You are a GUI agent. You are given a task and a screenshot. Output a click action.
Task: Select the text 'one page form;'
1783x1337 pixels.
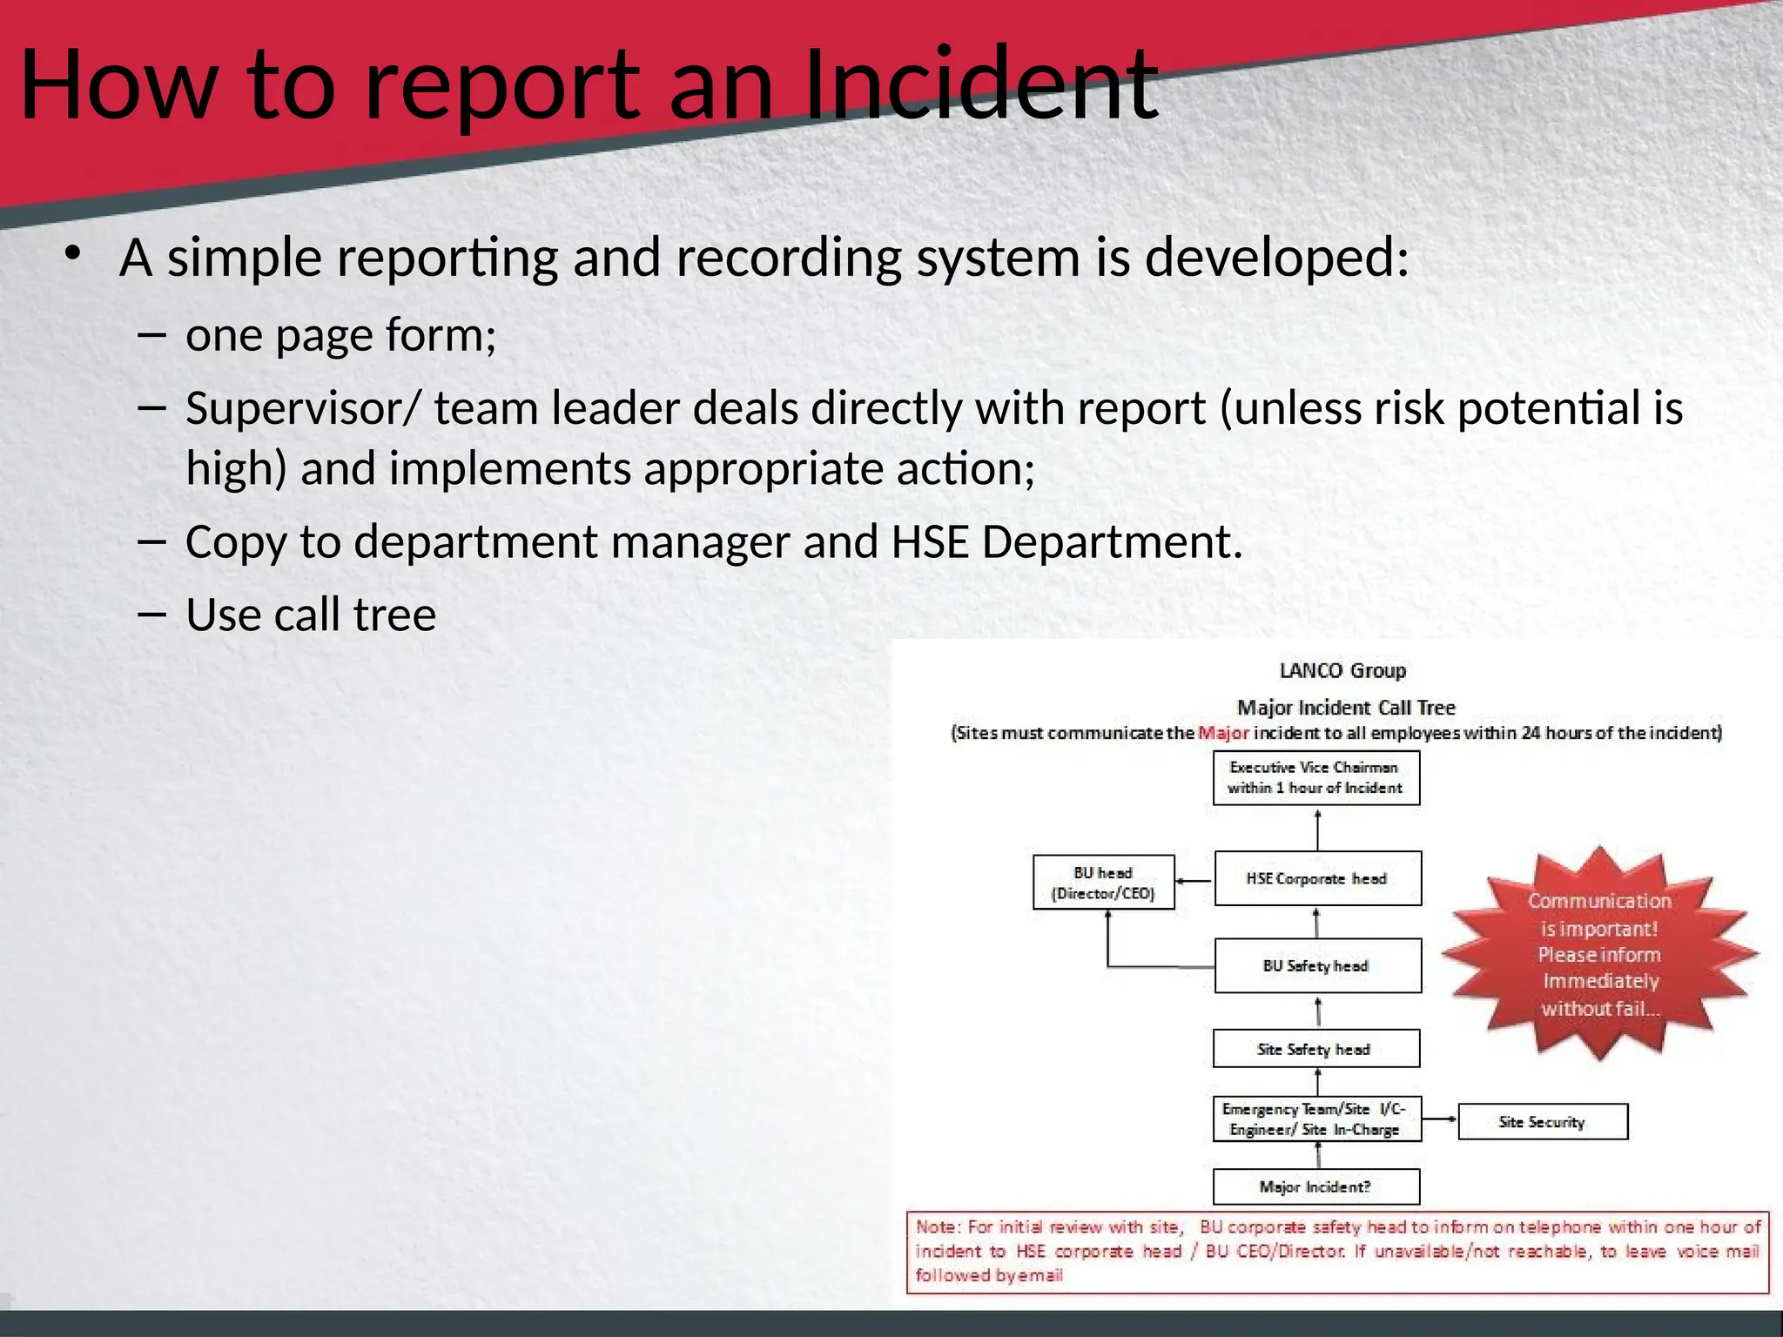pyautogui.click(x=340, y=334)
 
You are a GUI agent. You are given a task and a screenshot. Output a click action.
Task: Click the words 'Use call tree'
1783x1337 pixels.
pyautogui.click(x=311, y=615)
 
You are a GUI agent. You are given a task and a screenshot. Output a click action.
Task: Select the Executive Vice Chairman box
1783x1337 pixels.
pyautogui.click(x=1315, y=777)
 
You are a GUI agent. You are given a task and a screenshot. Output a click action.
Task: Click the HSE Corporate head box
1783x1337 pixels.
pyautogui.click(x=1317, y=878)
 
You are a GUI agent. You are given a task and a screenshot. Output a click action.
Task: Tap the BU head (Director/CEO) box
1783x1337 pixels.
pyautogui.click(x=1103, y=883)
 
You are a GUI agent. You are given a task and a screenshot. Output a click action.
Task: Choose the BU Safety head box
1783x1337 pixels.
pyautogui.click(x=1317, y=965)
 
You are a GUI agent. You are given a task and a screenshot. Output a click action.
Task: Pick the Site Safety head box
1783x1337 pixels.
pyautogui.click(x=1315, y=1049)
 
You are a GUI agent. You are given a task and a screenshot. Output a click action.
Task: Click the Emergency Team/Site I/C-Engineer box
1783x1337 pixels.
pyautogui.click(x=1315, y=1119)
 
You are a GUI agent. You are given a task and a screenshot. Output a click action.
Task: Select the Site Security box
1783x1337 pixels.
pyautogui.click(x=1542, y=1121)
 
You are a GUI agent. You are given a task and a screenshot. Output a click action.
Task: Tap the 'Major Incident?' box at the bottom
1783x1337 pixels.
pyautogui.click(x=1315, y=1186)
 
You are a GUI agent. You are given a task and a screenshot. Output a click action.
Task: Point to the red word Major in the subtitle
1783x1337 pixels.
pyautogui.click(x=1223, y=733)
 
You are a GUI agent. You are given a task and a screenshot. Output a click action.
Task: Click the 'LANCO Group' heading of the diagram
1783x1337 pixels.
pyautogui.click(x=1342, y=670)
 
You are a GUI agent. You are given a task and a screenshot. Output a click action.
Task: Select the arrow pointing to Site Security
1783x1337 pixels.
pyautogui.click(x=1440, y=1119)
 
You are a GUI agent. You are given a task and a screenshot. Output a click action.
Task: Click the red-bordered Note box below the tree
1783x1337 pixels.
pyautogui.click(x=1337, y=1252)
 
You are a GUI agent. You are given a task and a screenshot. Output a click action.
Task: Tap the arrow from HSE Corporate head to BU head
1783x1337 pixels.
pyautogui.click(x=1194, y=881)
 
